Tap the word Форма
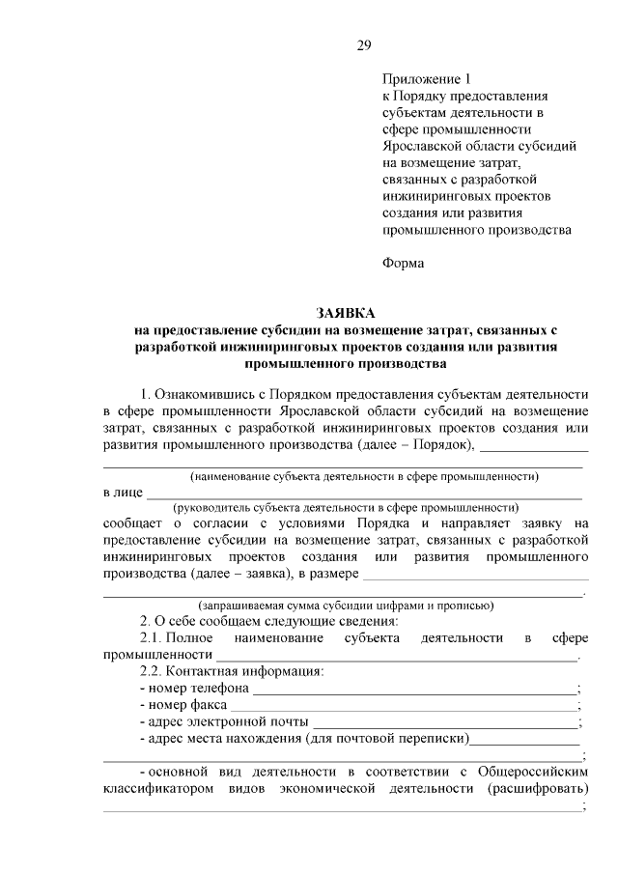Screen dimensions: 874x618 click(x=403, y=262)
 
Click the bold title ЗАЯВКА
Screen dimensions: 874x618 click(x=346, y=313)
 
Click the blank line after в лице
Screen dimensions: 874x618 click(x=364, y=494)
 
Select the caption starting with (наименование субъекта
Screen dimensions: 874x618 click(x=364, y=476)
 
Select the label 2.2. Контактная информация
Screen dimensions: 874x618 click(x=232, y=671)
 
